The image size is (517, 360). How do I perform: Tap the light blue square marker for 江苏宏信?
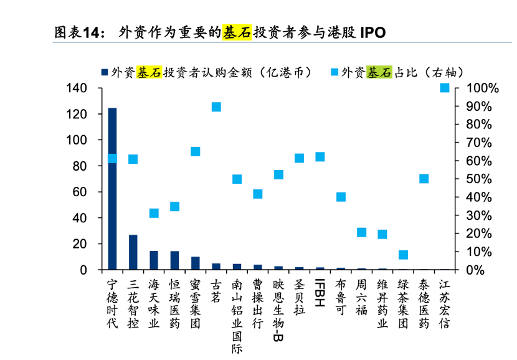(445, 88)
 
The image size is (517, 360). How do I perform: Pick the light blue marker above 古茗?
(216, 107)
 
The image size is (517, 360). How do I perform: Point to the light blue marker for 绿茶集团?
(403, 255)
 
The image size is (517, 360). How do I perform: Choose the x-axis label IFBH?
(320, 292)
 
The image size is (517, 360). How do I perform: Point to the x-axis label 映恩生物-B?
(278, 310)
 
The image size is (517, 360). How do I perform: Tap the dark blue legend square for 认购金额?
(104, 73)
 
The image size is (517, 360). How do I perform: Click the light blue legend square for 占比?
(334, 73)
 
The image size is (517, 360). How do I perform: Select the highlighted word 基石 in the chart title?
(237, 32)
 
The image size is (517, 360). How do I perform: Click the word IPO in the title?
(372, 32)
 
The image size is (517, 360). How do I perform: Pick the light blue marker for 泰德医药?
(424, 179)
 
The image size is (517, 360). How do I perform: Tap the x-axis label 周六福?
(361, 297)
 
